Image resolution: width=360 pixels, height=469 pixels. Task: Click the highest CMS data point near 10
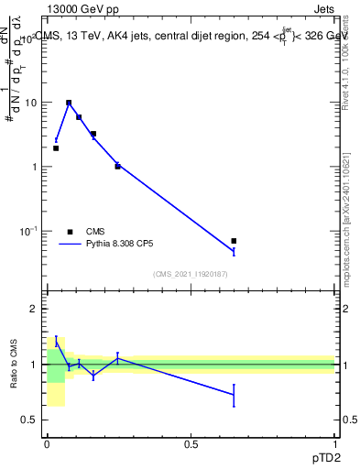[x=69, y=103]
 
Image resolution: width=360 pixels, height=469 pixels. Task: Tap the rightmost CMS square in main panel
[x=234, y=241]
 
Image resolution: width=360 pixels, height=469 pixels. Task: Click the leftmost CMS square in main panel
[x=56, y=147]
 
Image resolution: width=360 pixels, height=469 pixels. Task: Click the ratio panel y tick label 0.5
[x=30, y=420]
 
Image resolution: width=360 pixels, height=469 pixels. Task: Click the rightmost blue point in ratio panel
[x=234, y=395]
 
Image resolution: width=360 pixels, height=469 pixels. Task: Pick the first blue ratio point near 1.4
[x=56, y=341]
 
